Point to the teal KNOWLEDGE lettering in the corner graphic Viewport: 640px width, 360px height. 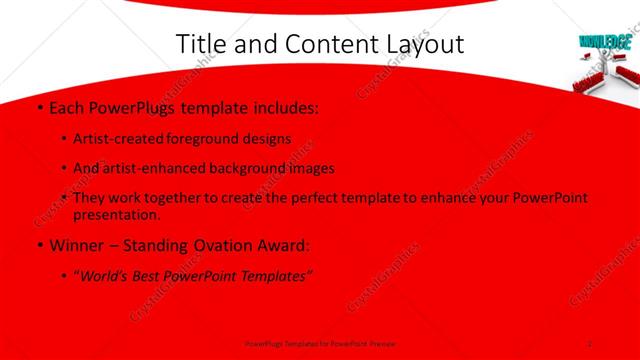point(604,43)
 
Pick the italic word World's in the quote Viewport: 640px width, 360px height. point(111,277)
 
